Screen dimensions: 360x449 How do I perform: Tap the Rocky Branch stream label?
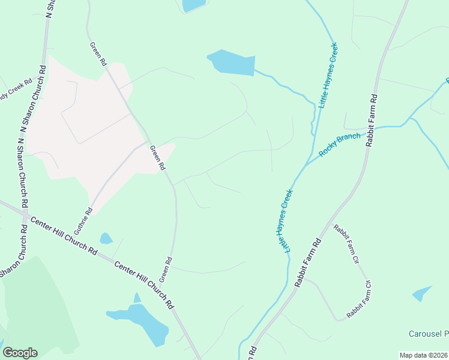click(340, 145)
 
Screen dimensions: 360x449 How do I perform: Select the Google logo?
click(20, 353)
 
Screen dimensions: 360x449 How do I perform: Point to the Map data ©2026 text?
click(423, 355)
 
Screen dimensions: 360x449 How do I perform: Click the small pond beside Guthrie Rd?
click(106, 238)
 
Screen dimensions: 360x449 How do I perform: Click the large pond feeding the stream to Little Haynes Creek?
click(232, 62)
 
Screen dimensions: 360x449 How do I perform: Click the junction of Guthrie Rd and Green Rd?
click(149, 142)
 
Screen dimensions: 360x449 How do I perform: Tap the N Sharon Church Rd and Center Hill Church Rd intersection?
click(24, 214)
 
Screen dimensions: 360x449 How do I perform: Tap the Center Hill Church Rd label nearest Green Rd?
click(144, 283)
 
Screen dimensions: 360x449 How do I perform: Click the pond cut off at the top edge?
click(194, 5)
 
